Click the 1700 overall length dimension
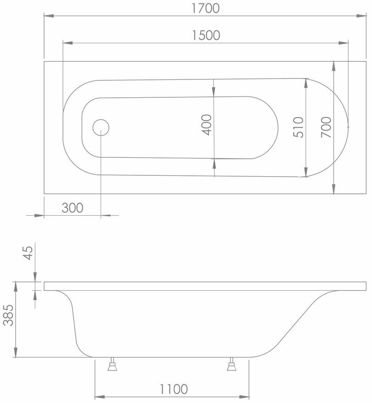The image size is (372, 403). [206, 8]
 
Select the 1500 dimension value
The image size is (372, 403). [206, 35]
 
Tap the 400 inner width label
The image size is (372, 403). [207, 125]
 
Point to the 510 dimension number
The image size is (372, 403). [299, 127]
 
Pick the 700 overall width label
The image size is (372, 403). [326, 127]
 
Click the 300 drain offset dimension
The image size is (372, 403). [73, 207]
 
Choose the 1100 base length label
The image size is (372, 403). [174, 389]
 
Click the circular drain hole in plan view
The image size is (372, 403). [101, 127]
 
